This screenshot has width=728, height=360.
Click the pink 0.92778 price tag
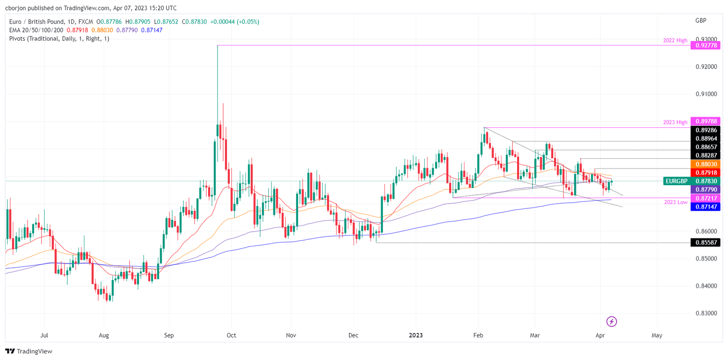click(706, 45)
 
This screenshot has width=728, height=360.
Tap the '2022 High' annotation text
click(674, 41)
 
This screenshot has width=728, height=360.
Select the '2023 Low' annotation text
click(675, 202)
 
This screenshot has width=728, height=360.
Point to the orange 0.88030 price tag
click(706, 164)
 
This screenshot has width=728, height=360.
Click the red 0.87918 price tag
click(706, 172)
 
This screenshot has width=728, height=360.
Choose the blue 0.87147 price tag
click(706, 207)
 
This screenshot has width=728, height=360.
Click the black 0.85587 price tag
click(706, 243)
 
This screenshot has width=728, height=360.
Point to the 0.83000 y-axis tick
click(706, 313)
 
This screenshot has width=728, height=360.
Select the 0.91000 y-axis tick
click(706, 94)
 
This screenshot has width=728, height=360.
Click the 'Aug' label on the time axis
click(104, 335)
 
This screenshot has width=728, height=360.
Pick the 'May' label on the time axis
click(656, 335)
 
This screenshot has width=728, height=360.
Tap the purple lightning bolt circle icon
click(612, 322)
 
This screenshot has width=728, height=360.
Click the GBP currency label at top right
click(701, 21)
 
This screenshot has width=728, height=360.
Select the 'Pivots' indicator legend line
click(59, 38)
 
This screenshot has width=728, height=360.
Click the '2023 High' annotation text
click(675, 122)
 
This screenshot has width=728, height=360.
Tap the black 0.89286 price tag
click(706, 130)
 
